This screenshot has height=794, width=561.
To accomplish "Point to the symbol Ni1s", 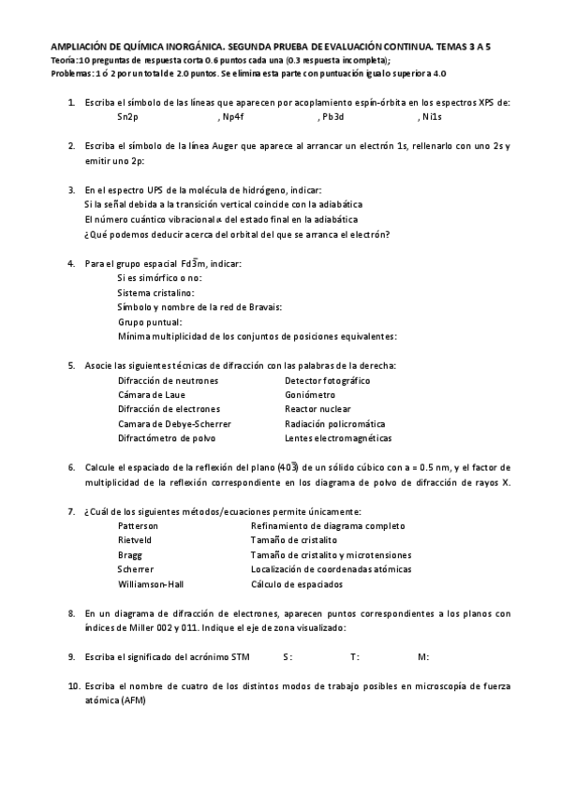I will [430, 117].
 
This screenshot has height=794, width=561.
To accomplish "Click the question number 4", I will [72, 264].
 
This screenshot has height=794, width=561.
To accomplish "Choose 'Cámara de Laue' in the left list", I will [151, 395].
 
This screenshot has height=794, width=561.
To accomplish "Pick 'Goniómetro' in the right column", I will [309, 395].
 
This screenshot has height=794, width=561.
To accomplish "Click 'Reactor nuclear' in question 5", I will [317, 409].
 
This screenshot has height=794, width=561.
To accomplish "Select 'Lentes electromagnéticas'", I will [338, 438].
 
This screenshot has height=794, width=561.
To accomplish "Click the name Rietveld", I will [136, 540].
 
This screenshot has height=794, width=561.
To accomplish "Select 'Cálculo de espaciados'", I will [296, 584].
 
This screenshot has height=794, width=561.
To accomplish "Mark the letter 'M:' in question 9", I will [423, 657].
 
